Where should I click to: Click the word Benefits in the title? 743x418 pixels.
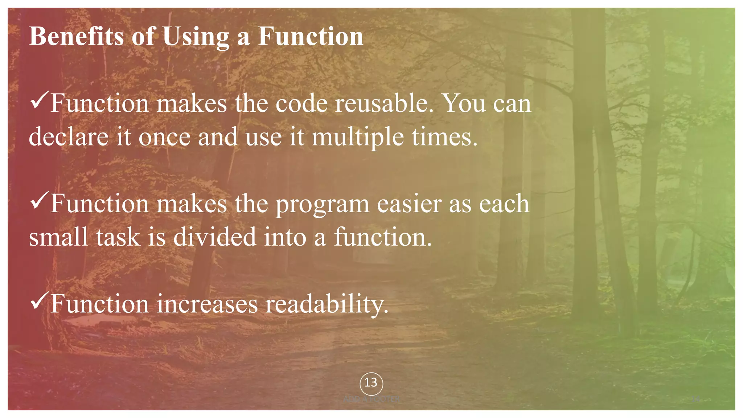coord(77,36)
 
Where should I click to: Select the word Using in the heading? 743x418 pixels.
coord(196,37)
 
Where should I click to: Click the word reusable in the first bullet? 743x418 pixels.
coord(384,104)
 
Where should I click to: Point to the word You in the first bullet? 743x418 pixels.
coord(465,104)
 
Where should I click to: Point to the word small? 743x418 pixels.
coord(58,237)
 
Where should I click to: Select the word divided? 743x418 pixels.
coord(215,237)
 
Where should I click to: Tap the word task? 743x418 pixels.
coord(118,237)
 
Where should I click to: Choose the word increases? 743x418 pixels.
coord(207,304)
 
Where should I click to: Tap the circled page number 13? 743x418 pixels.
coord(371,383)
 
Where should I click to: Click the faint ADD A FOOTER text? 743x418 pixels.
coord(371,399)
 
